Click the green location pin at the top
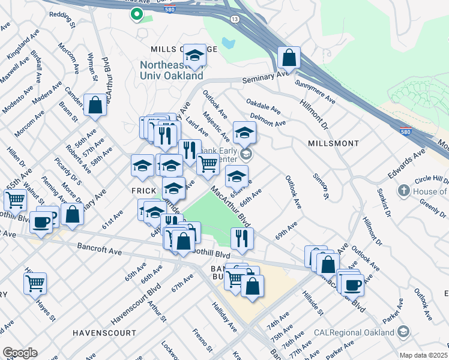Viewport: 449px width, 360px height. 137,14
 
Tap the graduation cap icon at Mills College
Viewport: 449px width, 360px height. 194,56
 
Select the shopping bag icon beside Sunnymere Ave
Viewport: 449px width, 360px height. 289,59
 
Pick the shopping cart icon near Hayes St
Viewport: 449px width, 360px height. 35,283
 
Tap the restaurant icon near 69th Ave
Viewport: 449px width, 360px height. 243,238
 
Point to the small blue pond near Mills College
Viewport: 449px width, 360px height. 228,43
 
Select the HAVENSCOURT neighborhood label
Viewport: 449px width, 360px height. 97,332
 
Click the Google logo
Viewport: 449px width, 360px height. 19,353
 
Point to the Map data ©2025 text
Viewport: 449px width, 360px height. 423,355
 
